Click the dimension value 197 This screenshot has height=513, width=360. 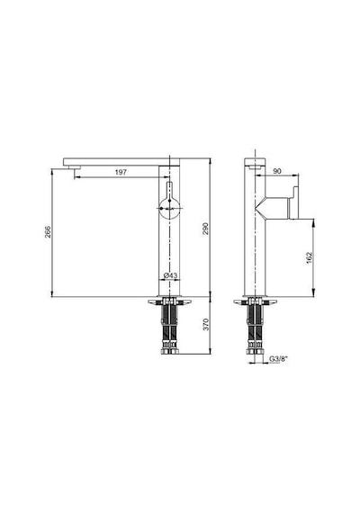[x=121, y=173]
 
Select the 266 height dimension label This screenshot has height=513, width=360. [x=48, y=232]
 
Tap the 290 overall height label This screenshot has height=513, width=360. [x=205, y=229]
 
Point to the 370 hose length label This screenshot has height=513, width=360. [x=206, y=324]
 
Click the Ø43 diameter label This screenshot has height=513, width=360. [x=170, y=275]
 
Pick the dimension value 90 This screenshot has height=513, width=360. [x=277, y=171]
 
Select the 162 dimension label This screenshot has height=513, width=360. [x=310, y=258]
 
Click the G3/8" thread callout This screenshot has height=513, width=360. [x=278, y=359]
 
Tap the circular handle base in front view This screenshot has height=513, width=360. [x=169, y=209]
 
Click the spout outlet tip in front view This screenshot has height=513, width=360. [x=74, y=168]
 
